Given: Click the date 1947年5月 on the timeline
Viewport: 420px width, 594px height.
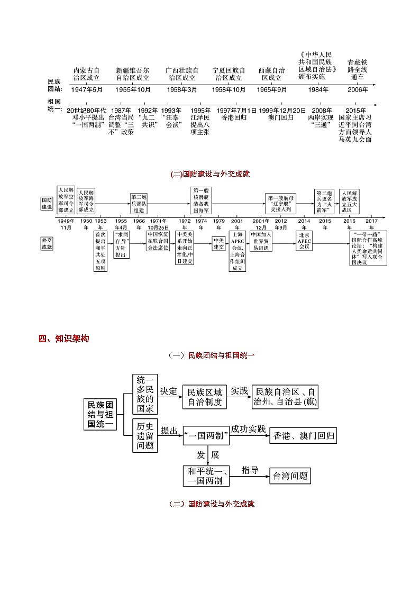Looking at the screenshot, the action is point(87,89).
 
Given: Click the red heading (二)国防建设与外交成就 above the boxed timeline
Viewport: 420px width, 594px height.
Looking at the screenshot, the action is point(210,173).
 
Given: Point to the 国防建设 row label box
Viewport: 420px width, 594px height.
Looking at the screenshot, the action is point(48,204).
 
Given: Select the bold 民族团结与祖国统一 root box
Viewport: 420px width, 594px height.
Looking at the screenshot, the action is point(100,413).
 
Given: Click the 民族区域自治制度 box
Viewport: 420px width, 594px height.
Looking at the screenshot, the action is point(204,397).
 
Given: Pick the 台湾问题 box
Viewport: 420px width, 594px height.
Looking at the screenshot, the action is point(289,476).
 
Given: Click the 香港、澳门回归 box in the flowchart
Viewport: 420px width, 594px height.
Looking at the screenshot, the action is point(303,436).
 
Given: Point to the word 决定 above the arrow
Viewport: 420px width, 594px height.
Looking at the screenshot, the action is point(168,391).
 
